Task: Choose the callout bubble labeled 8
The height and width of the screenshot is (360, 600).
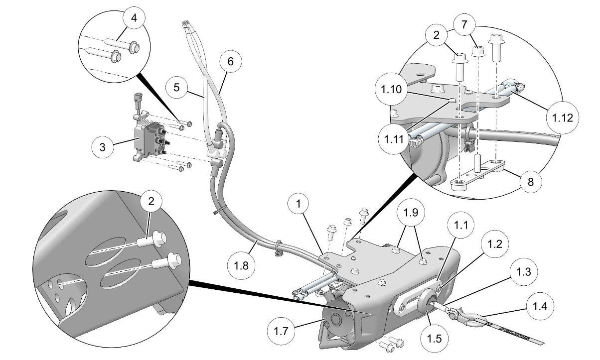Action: (x=530, y=182)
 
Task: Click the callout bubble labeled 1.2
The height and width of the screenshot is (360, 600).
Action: (x=493, y=244)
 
